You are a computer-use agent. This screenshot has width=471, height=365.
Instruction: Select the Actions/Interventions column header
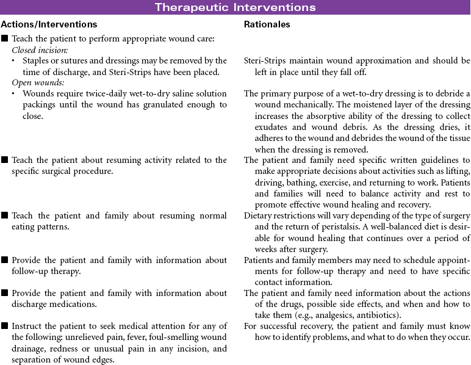click(49, 25)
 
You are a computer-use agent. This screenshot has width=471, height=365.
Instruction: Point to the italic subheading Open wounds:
click(36, 83)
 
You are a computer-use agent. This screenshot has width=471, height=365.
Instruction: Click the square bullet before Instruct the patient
click(5, 326)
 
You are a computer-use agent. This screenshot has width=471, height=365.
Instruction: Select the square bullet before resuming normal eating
click(5, 215)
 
